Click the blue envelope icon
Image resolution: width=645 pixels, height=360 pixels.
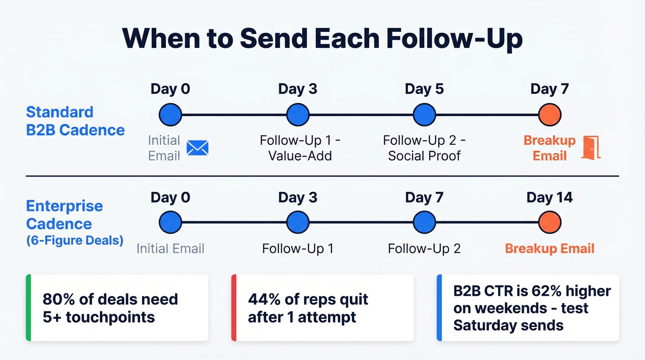point(198,148)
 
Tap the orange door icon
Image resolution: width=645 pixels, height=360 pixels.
point(591,148)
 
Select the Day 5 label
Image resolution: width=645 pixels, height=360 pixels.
point(424,89)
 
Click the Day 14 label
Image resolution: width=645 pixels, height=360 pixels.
point(550,198)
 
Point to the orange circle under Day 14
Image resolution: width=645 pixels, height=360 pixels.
point(550,223)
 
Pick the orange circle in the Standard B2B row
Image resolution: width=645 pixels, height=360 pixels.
point(550,115)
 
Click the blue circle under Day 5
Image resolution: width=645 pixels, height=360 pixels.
point(424,115)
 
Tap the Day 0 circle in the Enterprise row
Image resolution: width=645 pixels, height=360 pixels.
point(170,223)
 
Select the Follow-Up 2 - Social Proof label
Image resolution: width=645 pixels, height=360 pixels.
point(424,148)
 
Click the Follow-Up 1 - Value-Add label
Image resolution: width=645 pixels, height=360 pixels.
point(300,148)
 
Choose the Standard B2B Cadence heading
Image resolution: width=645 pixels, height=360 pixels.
point(75,121)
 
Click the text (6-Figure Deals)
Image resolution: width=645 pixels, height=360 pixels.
point(75,241)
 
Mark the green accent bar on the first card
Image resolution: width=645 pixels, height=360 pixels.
point(28,307)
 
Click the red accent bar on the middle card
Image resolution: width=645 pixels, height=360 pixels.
point(234,307)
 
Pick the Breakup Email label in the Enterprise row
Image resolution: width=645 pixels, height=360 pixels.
point(550,248)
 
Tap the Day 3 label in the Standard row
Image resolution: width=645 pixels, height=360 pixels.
point(298,89)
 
